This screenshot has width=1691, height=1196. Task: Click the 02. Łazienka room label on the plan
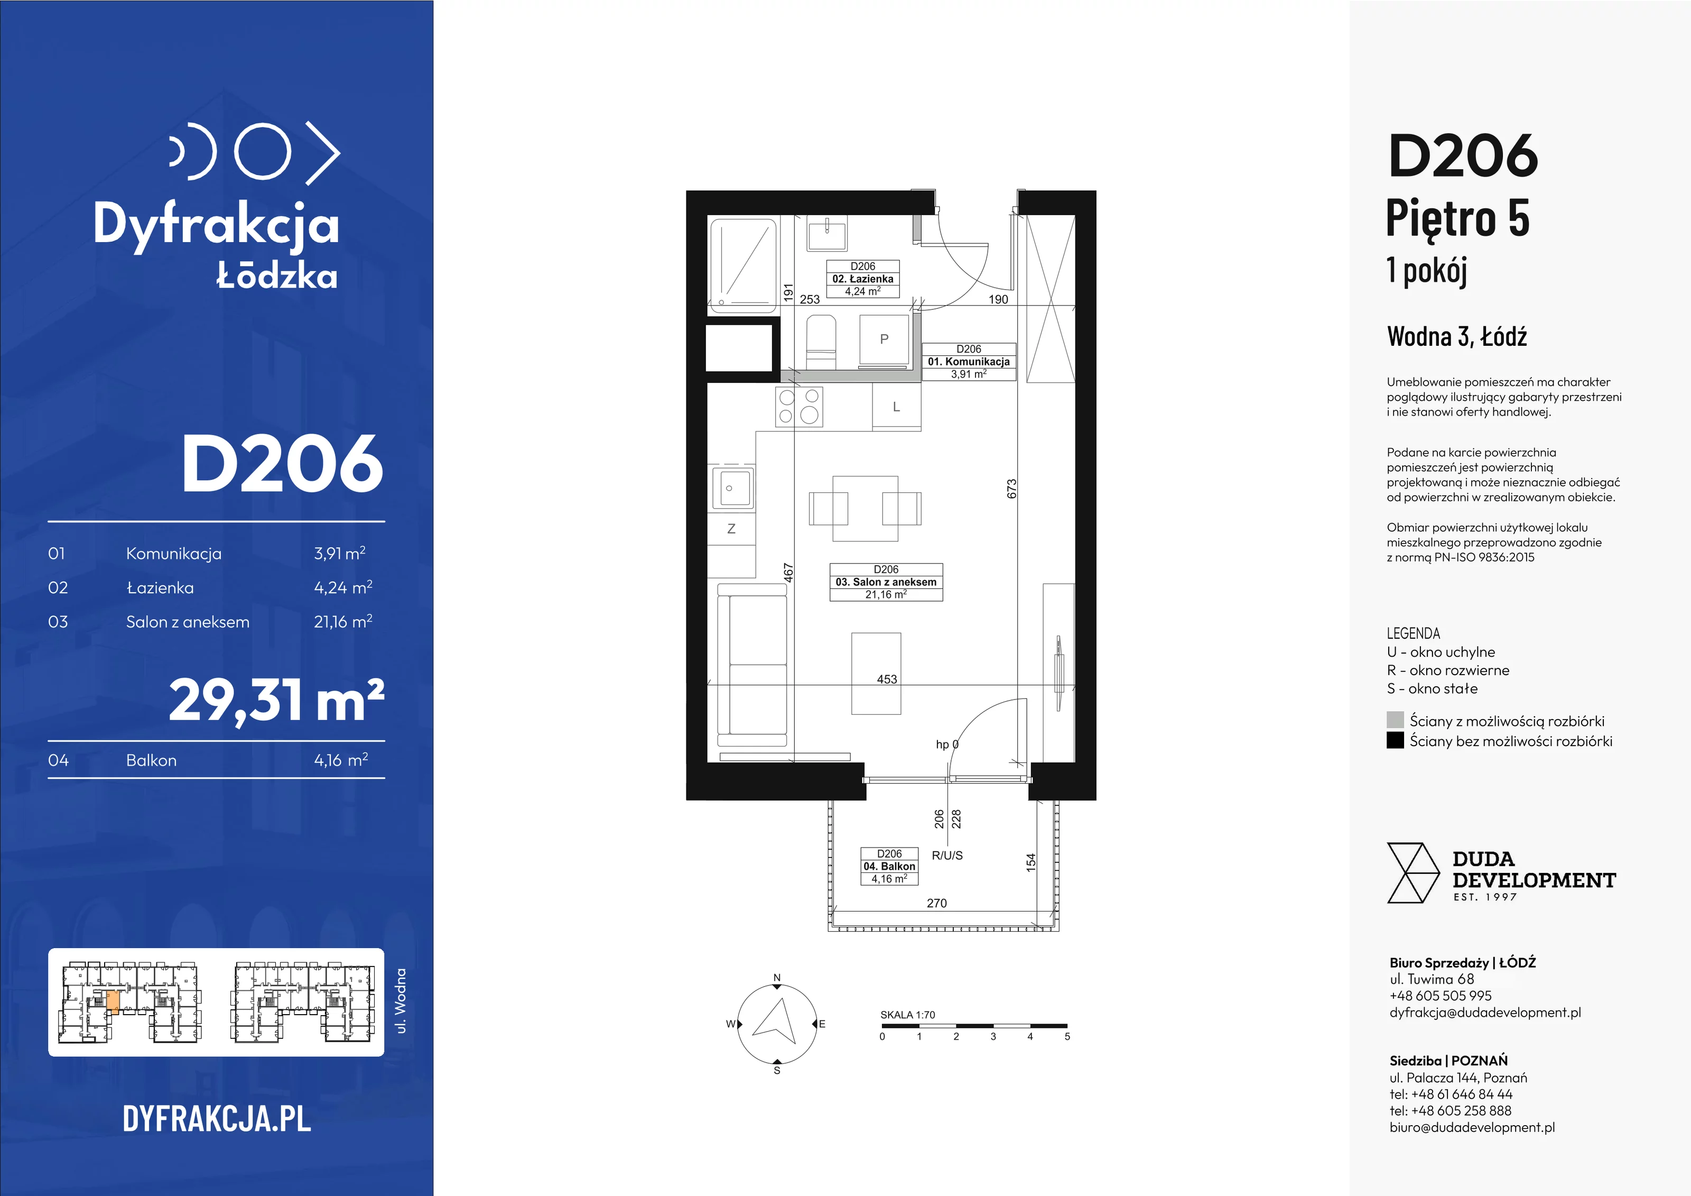[x=862, y=279]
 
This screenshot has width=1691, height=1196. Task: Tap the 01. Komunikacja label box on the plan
[x=969, y=361]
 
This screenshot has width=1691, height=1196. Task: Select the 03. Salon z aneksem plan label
[x=886, y=582]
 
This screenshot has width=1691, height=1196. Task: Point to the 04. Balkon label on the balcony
[x=890, y=866]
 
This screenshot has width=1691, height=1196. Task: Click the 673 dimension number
[x=1012, y=489]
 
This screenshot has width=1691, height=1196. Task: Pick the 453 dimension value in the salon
[x=887, y=679]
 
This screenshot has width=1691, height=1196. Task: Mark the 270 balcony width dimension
[x=937, y=903]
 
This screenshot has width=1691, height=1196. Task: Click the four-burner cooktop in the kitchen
[x=799, y=407]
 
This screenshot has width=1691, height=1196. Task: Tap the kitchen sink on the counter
[x=731, y=487]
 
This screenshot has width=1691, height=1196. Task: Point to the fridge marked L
[x=896, y=406]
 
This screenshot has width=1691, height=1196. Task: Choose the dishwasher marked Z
[x=731, y=528]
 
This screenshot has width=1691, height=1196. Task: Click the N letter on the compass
[x=776, y=978]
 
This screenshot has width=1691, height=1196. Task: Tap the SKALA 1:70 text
[x=907, y=1015]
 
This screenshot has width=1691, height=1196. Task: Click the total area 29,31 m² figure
[x=277, y=700]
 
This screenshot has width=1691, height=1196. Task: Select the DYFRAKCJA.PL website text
[x=217, y=1119]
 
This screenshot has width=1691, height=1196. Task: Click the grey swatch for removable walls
[x=1395, y=720]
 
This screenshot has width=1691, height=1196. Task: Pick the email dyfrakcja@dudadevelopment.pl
[x=1485, y=1013]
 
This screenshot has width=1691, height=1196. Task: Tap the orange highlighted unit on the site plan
[x=113, y=1001]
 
